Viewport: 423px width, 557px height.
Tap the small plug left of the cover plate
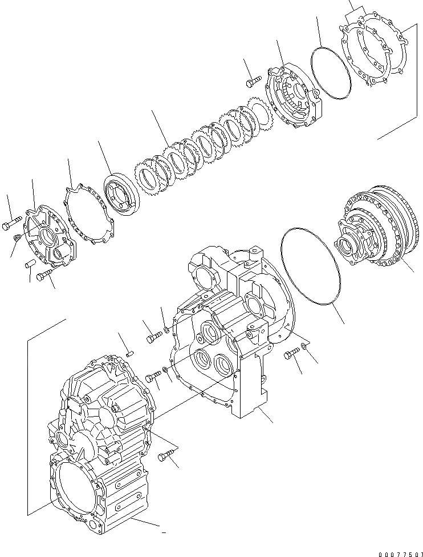tap(18, 237)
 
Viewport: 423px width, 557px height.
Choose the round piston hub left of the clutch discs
tap(121, 197)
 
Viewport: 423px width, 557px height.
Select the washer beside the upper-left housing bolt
tap(166, 329)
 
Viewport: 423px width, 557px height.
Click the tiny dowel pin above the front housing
tap(129, 353)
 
